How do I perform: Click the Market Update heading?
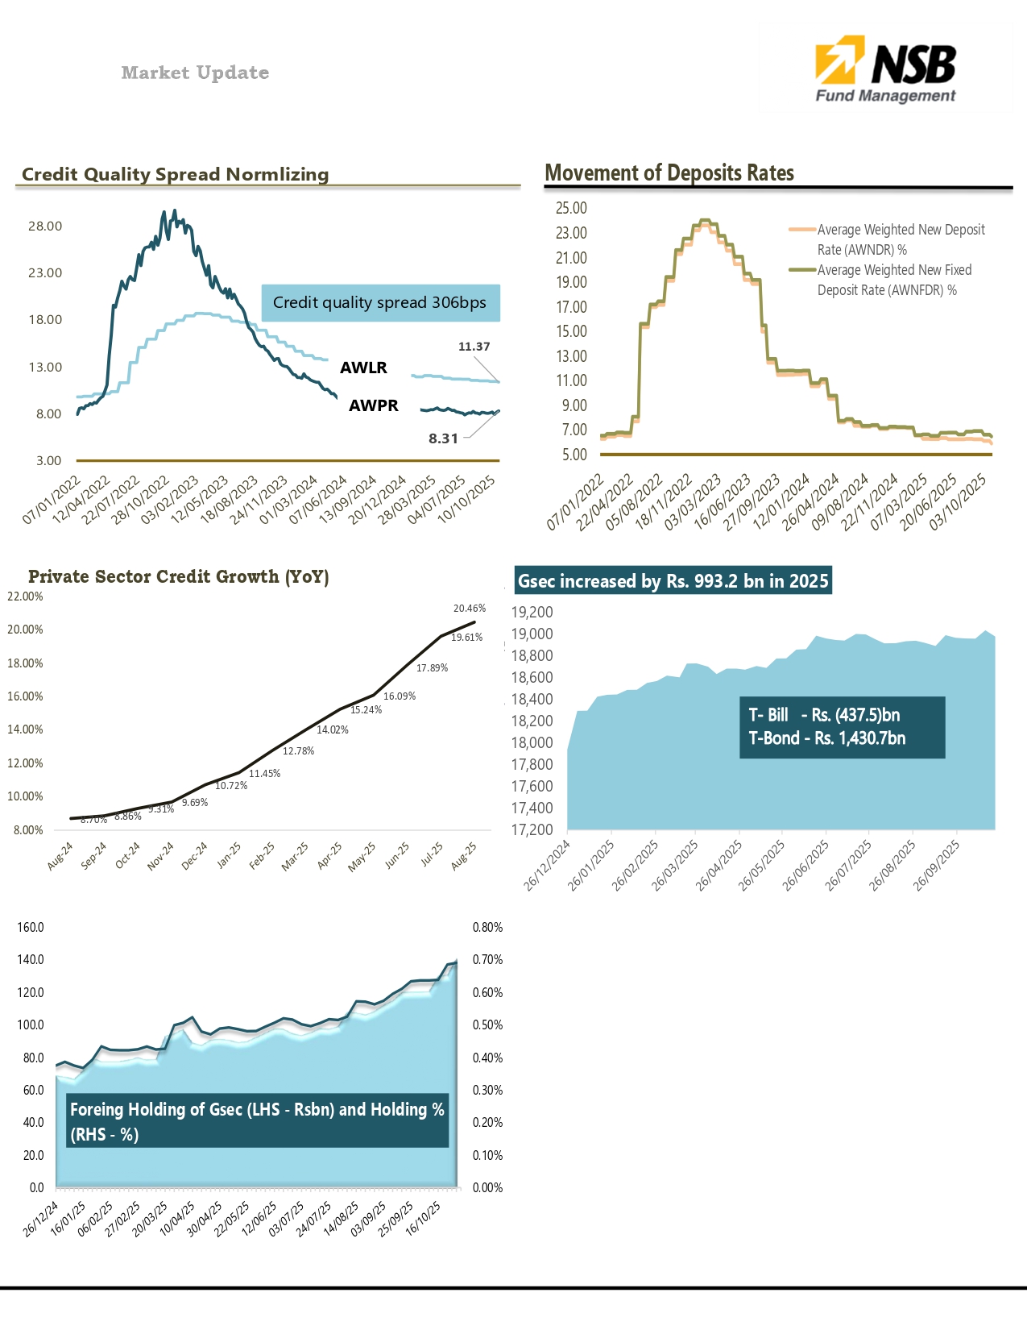point(195,73)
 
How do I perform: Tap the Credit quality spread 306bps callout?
point(380,303)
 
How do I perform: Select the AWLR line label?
point(363,368)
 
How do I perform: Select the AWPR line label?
point(373,405)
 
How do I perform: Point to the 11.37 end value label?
point(474,347)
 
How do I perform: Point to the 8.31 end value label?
point(443,438)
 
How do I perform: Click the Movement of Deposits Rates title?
point(669,173)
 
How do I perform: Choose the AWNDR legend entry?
point(901,239)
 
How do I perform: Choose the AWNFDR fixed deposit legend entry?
point(894,280)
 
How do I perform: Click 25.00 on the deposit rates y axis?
point(571,208)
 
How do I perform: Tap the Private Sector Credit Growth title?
point(178,576)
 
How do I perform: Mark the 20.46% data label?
point(470,609)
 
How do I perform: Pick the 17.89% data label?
point(432,667)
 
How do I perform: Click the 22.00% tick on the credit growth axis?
point(25,596)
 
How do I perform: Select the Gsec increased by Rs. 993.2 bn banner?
point(673,581)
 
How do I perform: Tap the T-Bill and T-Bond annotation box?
point(841,727)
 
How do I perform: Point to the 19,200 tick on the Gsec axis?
point(532,613)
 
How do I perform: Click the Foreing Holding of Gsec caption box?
point(257,1121)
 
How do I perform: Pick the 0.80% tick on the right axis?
point(487,928)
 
